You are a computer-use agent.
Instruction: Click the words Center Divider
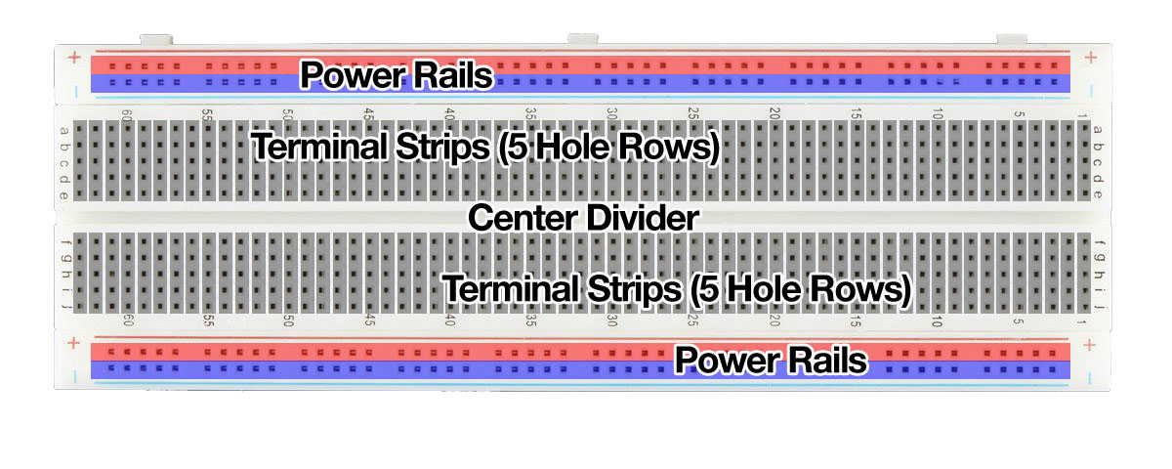(x=583, y=218)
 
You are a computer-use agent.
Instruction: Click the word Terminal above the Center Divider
(x=319, y=146)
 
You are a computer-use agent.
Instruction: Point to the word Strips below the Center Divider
(x=635, y=288)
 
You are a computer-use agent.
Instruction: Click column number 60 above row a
(x=127, y=115)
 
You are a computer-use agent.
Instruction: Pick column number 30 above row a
(x=612, y=113)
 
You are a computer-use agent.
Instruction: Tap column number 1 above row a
(x=1081, y=115)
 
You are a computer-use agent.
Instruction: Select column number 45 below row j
(x=369, y=320)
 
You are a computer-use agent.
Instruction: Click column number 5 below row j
(x=1018, y=320)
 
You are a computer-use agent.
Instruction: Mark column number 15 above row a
(x=856, y=113)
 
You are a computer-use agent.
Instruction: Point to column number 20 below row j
(x=774, y=320)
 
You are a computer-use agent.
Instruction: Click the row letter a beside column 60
(x=64, y=131)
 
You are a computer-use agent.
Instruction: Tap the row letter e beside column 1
(x=1098, y=194)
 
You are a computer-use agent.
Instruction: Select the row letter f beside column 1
(x=1099, y=243)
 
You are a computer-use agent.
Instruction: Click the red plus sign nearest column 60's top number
(x=75, y=57)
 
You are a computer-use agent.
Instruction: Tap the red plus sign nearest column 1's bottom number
(x=1089, y=345)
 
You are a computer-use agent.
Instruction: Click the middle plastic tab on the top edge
(x=583, y=39)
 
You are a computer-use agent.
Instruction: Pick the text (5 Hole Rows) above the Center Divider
(x=608, y=148)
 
